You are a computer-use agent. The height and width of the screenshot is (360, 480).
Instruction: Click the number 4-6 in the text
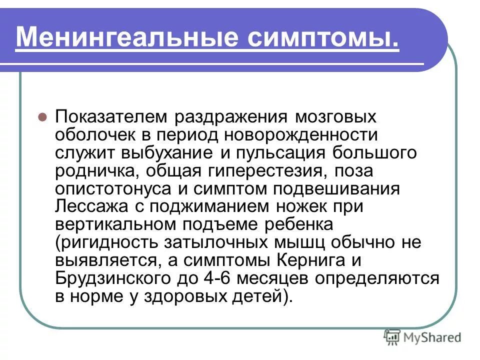coord(230,279)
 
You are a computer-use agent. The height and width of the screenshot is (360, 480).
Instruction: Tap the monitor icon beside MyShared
coord(393,337)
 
